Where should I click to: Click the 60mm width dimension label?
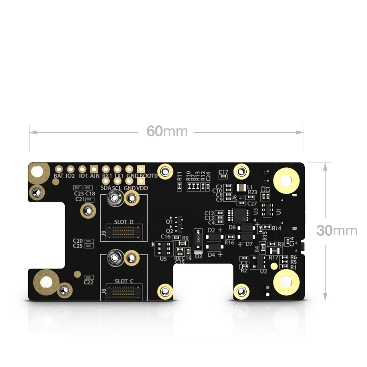[167, 131]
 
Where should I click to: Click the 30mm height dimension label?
[337, 231]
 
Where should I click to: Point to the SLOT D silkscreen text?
[124, 221]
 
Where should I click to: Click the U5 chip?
[163, 249]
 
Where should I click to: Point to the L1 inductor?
[242, 188]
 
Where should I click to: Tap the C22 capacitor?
[88, 277]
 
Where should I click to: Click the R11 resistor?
[179, 186]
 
